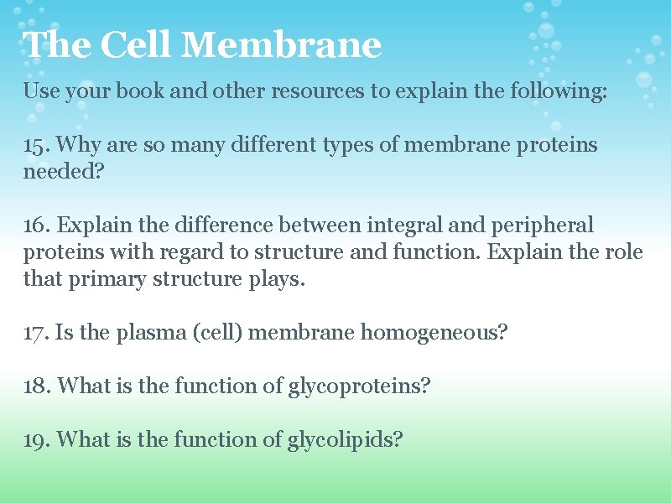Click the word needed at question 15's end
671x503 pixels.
(59, 172)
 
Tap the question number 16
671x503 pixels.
(36, 226)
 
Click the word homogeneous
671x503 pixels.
(434, 333)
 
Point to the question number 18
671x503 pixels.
(36, 386)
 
